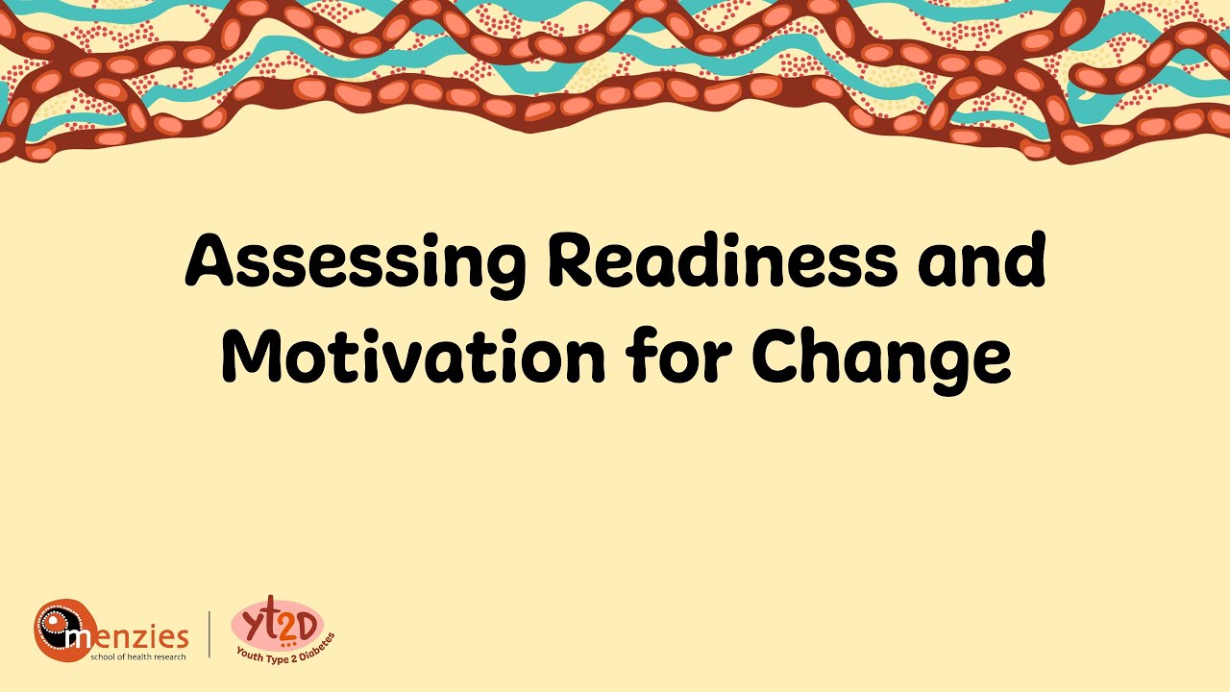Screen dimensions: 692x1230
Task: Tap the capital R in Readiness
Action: point(576,261)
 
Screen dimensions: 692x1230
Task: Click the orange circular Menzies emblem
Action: point(63,630)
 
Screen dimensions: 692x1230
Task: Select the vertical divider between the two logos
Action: point(210,634)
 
